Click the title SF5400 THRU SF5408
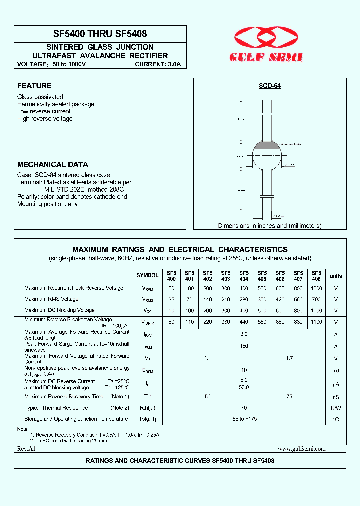pyautogui.click(x=100, y=34)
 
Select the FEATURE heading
pyautogui.click(x=34, y=86)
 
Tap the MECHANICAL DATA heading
pyautogui.click(x=53, y=164)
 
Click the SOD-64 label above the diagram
pyautogui.click(x=269, y=86)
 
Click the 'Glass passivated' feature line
pyautogui.click(x=40, y=97)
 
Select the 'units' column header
pyautogui.click(x=336, y=276)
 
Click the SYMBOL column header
pyautogui.click(x=147, y=276)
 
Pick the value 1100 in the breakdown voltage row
pyautogui.click(x=316, y=322)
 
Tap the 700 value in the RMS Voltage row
pyautogui.click(x=316, y=299)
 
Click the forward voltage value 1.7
pyautogui.click(x=289, y=358)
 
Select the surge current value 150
pyautogui.click(x=244, y=346)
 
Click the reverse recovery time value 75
pyautogui.click(x=289, y=396)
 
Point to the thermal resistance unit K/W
pyautogui.click(x=336, y=408)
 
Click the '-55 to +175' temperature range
pyautogui.click(x=244, y=419)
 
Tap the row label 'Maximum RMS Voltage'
pyautogui.click(x=51, y=299)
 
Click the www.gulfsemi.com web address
pyautogui.click(x=301, y=449)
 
